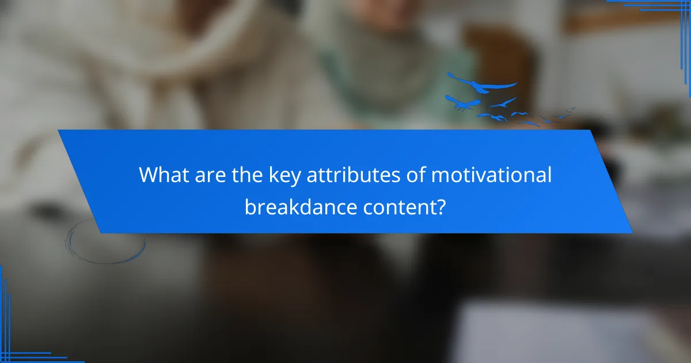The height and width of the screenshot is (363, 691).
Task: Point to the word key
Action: pos(284,176)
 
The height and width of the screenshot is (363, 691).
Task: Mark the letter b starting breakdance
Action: pos(249,206)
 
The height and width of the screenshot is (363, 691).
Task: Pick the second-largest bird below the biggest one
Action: pos(464,104)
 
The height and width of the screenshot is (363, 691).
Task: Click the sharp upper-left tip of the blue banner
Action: pos(59,131)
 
